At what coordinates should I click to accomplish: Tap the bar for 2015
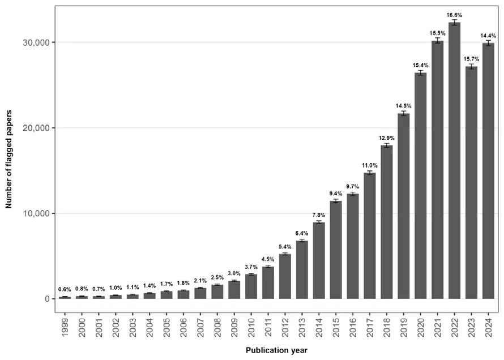(336, 250)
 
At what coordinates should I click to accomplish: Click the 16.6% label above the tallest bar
(454, 15)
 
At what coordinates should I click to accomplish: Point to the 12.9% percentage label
(387, 138)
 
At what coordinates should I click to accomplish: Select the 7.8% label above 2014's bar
(319, 215)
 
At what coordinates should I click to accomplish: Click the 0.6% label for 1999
(65, 289)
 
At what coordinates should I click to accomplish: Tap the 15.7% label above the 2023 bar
(471, 59)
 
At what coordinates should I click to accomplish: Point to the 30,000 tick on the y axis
(36, 43)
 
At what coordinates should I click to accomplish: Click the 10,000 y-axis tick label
(36, 213)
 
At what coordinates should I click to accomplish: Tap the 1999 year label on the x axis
(65, 327)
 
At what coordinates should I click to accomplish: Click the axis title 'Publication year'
(276, 350)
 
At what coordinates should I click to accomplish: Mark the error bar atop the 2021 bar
(437, 41)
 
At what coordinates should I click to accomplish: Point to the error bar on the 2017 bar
(370, 173)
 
